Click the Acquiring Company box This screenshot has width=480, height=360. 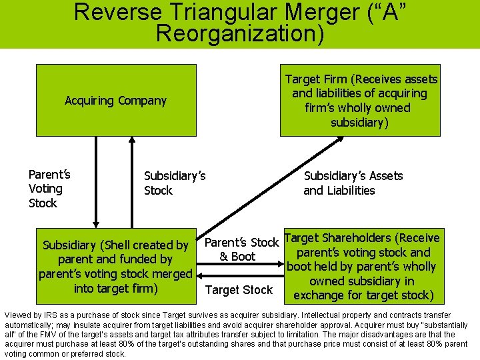pos(116,101)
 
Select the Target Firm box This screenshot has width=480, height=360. pos(361,101)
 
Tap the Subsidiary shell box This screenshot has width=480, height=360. pos(116,266)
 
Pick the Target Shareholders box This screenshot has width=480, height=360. pos(363,266)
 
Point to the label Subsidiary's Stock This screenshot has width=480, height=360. pos(175,183)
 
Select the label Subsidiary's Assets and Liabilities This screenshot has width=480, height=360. pos(353,183)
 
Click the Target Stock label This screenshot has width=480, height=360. pos(239,290)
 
